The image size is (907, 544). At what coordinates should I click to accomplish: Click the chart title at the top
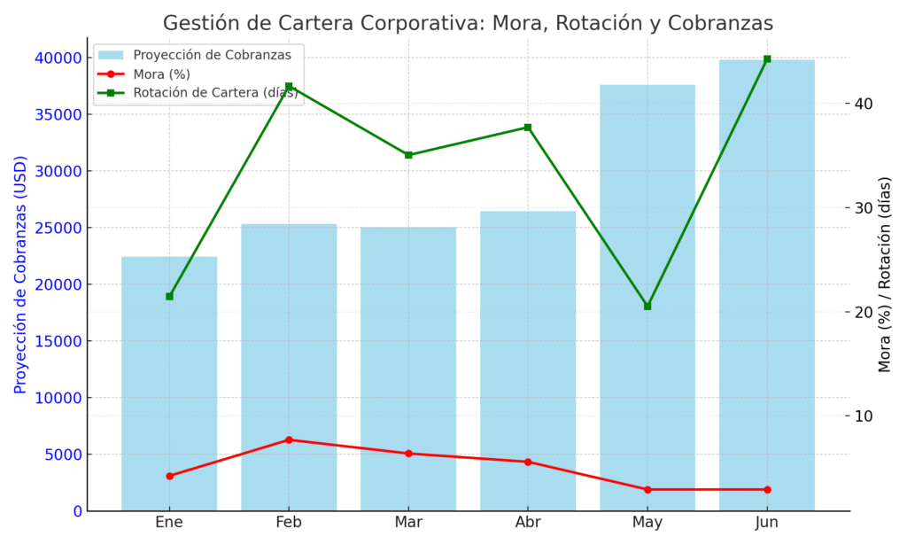pos(468,23)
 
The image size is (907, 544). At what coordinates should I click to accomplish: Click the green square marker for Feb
pos(289,86)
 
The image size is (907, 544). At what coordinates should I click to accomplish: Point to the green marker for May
pos(647,306)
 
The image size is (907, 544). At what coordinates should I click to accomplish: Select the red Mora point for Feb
pos(289,439)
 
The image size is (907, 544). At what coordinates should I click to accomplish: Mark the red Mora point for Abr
pos(528,462)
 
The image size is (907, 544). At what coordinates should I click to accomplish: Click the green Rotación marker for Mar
pos(408,155)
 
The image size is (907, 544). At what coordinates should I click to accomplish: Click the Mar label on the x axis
pos(408,523)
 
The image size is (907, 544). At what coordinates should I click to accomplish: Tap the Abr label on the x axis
pos(528,523)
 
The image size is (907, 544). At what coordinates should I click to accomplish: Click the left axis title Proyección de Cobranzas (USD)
pos(20,275)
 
